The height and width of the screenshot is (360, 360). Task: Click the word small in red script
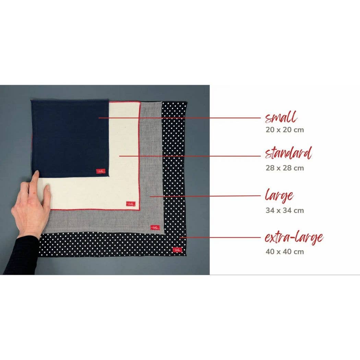[x=281, y=118]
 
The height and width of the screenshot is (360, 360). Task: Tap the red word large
[x=279, y=196]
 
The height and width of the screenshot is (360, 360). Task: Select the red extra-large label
[x=294, y=237]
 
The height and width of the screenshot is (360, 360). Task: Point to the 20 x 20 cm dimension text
[x=285, y=130]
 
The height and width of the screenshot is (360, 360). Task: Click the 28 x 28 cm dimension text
[x=285, y=168]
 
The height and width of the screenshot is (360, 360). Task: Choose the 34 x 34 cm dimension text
[x=285, y=211]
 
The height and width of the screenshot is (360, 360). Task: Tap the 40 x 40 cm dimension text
[x=285, y=252]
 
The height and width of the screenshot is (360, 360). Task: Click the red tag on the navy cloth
[x=101, y=171]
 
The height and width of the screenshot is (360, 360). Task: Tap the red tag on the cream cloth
[x=131, y=204]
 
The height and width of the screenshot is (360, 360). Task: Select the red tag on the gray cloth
[x=155, y=228]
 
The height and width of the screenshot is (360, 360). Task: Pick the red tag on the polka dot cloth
[x=178, y=250]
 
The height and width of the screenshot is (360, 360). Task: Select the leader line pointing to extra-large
[x=223, y=237]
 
